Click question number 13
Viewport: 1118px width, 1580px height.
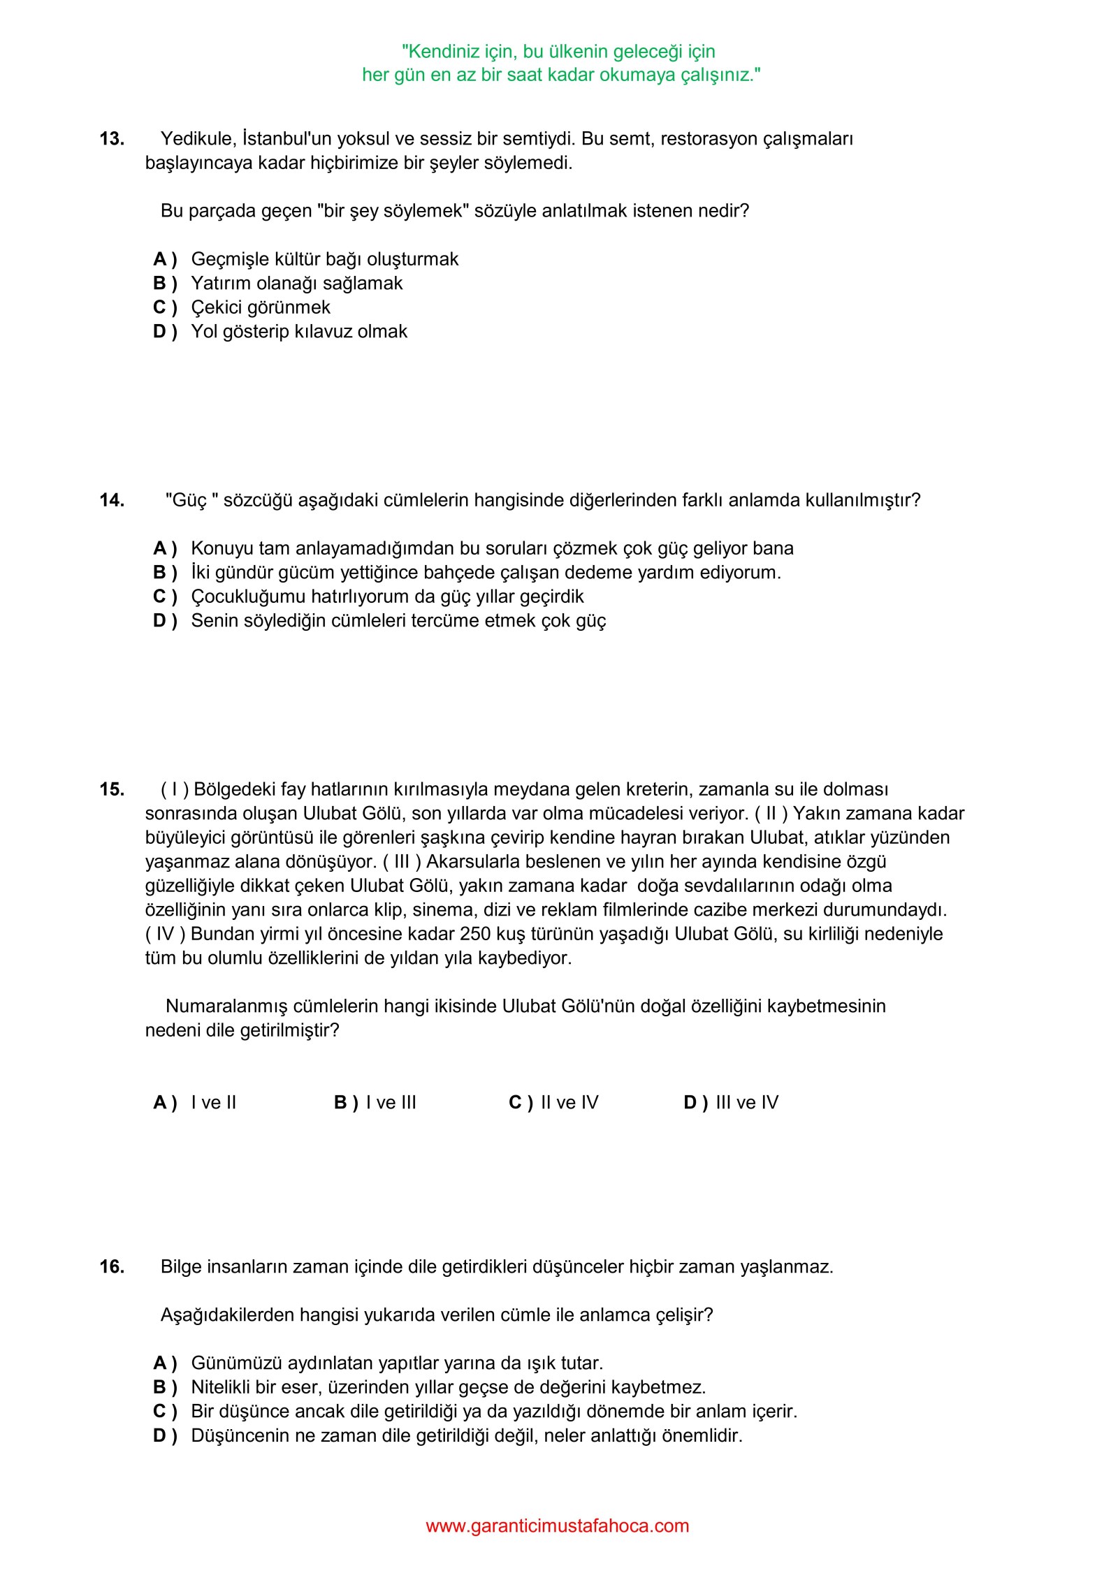[x=112, y=139]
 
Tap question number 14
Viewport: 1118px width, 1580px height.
[x=112, y=500]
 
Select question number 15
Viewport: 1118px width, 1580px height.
[x=112, y=789]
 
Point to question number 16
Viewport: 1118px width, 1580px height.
[x=112, y=1266]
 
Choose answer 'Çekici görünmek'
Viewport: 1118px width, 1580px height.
[x=261, y=307]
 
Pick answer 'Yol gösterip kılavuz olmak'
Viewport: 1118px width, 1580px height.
[x=299, y=332]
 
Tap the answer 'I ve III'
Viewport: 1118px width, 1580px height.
[x=391, y=1102]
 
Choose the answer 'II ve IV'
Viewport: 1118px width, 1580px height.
[x=569, y=1102]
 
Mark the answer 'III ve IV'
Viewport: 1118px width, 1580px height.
[x=747, y=1102]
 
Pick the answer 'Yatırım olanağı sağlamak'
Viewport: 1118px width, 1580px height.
[x=297, y=284]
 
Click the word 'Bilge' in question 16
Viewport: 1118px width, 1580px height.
[x=180, y=1266]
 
